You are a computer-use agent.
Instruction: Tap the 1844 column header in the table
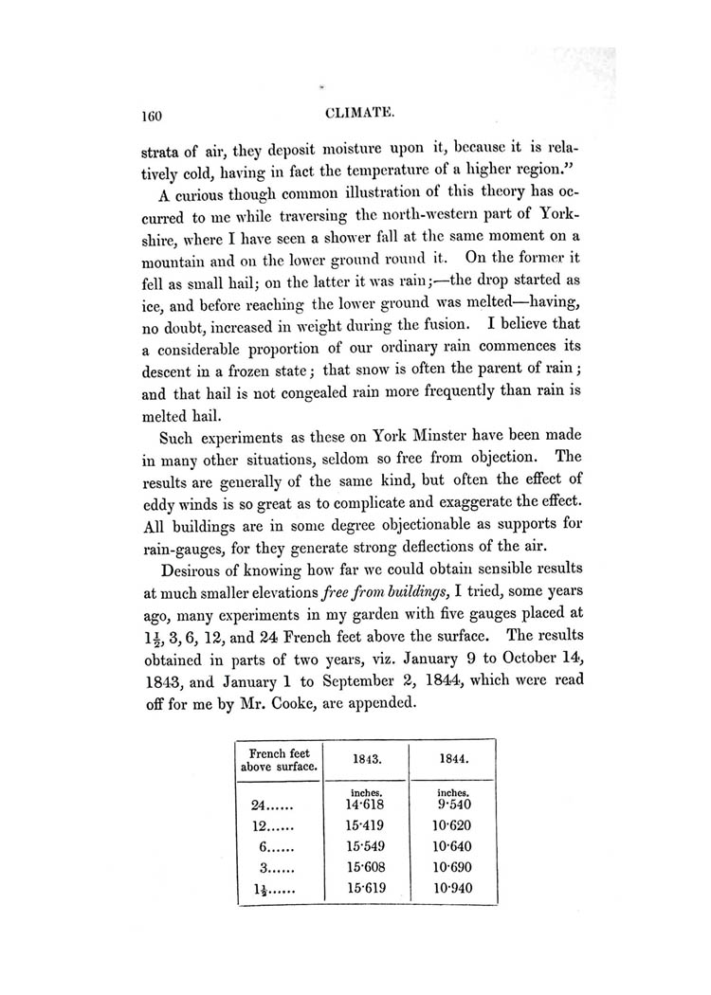pyautogui.click(x=453, y=759)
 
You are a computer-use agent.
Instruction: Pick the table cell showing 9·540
pyautogui.click(x=453, y=805)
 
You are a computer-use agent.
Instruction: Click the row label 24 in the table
pyautogui.click(x=262, y=805)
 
